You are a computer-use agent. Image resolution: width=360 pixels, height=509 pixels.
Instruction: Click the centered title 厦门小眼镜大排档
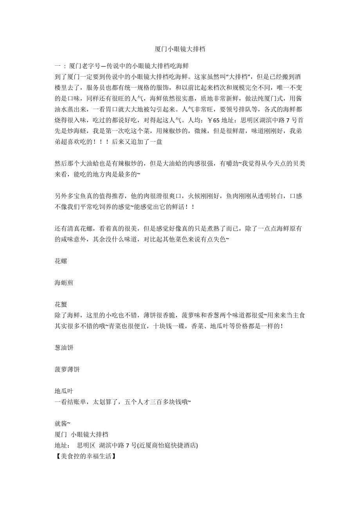(x=180, y=49)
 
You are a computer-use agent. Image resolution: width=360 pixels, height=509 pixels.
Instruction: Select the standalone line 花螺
(x=61, y=261)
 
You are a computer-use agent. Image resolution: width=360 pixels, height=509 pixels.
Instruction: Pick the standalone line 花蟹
(x=61, y=305)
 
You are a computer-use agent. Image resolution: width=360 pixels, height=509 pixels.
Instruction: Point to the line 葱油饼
(x=64, y=348)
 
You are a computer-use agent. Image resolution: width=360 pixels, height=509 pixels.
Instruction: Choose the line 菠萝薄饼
(x=67, y=369)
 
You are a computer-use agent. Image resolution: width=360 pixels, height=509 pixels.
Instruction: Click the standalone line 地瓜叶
(x=64, y=391)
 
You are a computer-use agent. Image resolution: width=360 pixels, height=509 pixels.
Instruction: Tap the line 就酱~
(x=63, y=423)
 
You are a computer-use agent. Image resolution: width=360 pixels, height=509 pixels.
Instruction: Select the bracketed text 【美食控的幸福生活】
(x=85, y=456)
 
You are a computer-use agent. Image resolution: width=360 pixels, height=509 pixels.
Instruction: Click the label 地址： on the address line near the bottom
(x=63, y=445)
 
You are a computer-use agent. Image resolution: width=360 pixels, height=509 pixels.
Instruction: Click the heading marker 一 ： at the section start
(x=60, y=66)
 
